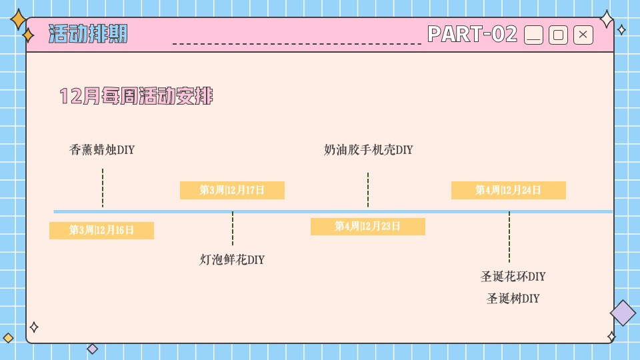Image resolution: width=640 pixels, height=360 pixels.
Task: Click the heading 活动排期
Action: point(88,34)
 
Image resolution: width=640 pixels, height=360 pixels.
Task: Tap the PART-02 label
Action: point(472,34)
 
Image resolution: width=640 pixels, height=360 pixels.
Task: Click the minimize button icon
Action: point(534,35)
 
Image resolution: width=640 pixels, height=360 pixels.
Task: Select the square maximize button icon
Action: point(559,35)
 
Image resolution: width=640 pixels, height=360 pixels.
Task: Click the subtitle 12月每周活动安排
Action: point(136,97)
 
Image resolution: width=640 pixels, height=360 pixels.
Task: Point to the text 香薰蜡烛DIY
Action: point(102,150)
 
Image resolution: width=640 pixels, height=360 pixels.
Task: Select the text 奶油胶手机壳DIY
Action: point(368,150)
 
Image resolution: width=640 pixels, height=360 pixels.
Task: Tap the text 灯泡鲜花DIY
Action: point(232,259)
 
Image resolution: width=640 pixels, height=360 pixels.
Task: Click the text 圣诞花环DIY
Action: point(513,276)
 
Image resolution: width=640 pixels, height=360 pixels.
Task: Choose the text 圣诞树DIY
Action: point(513,298)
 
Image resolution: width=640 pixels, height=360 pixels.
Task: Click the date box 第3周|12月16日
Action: point(101,231)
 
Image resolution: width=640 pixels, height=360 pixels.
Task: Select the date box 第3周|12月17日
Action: point(232,190)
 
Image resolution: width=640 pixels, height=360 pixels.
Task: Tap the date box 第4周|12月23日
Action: point(367,227)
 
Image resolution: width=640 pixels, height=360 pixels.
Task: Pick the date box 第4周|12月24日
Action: point(508,190)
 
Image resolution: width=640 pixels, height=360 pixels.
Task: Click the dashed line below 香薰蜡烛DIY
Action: point(103,188)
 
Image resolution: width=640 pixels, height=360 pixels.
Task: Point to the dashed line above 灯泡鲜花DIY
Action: point(233,229)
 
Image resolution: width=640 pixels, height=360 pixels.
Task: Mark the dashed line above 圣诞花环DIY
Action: point(509,237)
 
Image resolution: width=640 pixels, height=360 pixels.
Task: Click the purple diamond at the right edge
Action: point(623,313)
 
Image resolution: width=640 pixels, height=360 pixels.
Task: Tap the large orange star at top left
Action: point(19,20)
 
